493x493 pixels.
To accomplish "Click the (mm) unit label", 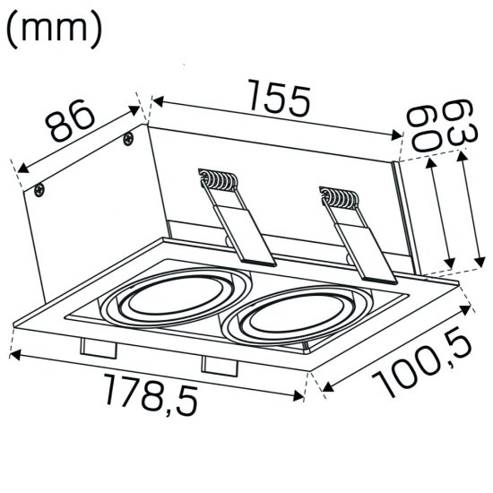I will [x=54, y=29].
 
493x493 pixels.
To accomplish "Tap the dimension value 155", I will [x=275, y=99].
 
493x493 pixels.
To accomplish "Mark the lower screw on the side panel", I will [x=39, y=189].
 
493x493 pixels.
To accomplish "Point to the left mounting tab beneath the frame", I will [x=97, y=347].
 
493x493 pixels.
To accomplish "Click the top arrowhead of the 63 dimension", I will [x=461, y=156].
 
